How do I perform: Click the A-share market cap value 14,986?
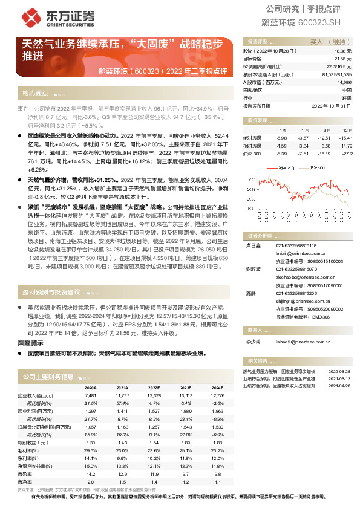tap(344, 82)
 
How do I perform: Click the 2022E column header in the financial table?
tap(154, 387)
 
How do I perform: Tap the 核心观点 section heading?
tap(36, 94)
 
